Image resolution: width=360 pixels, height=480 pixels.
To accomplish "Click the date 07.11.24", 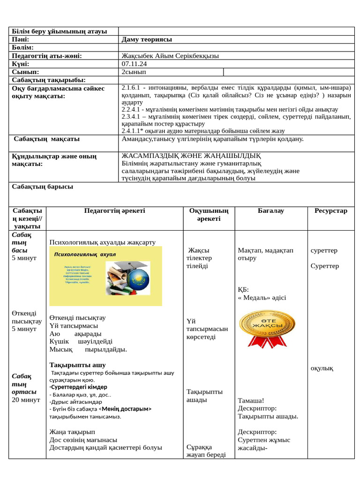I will click(134, 64).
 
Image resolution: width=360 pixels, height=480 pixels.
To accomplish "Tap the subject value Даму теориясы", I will click(147, 39).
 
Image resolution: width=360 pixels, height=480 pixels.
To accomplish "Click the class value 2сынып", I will click(134, 72).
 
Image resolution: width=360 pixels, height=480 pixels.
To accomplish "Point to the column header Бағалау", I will click(270, 211).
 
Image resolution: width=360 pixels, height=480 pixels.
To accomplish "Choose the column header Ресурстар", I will click(331, 211).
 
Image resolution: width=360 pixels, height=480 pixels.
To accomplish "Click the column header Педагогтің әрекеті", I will click(115, 211).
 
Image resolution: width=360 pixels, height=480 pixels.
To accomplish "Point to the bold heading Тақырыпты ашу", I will click(78, 365).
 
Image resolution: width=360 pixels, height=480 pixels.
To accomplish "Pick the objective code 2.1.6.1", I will click(131, 88).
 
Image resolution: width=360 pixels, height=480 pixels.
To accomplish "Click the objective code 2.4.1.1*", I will click(133, 131).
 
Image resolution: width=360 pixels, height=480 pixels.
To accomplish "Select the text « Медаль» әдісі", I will click(262, 298).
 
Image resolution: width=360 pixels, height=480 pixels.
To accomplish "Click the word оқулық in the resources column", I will click(322, 368).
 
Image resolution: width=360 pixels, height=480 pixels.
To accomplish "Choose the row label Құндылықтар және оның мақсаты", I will click(54, 160).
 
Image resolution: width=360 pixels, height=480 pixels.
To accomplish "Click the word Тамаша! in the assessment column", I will click(251, 401).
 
